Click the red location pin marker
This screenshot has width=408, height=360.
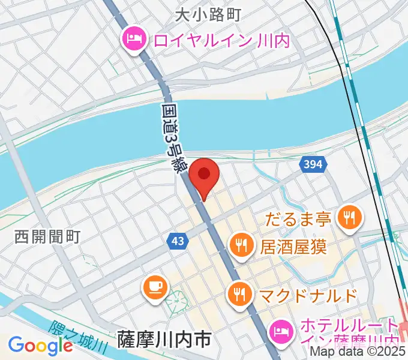(205, 175)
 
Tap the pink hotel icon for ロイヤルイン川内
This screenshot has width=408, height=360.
(133, 40)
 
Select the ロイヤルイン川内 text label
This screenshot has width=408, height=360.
(221, 41)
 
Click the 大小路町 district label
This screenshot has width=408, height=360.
(208, 14)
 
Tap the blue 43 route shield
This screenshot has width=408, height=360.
(178, 240)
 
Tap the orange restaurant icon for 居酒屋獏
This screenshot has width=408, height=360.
(241, 245)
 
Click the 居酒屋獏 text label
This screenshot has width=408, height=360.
(293, 246)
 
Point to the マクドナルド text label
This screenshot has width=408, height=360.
(308, 295)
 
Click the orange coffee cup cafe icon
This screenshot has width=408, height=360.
(155, 286)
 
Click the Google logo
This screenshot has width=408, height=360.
(40, 346)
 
